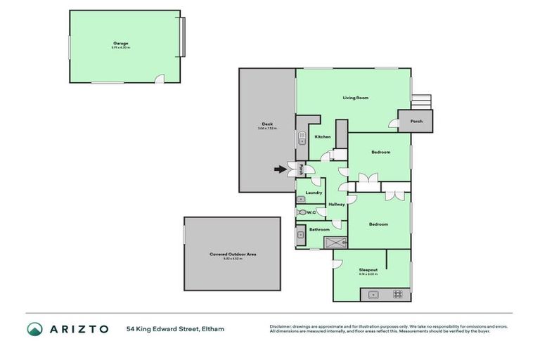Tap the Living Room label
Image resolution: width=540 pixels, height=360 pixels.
(356, 98)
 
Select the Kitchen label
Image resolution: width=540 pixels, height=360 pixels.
(322, 136)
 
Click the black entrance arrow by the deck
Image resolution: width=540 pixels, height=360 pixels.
(281, 169)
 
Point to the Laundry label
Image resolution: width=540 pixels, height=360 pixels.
(314, 192)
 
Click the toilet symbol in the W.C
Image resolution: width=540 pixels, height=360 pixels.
(302, 212)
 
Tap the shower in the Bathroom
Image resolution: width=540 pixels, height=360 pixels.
(335, 243)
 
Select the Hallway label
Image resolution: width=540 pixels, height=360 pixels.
(336, 204)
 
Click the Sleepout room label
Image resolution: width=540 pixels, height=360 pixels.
(368, 269)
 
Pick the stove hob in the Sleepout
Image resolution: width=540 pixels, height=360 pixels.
(398, 295)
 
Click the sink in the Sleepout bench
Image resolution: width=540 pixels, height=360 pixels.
(374, 295)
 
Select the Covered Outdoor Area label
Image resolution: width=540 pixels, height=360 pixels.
(232, 255)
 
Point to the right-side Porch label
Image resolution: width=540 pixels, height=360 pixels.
(416, 121)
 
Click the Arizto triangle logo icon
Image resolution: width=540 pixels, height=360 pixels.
(34, 328)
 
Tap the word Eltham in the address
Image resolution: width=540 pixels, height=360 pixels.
(213, 328)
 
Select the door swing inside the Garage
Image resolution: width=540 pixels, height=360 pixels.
(160, 80)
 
